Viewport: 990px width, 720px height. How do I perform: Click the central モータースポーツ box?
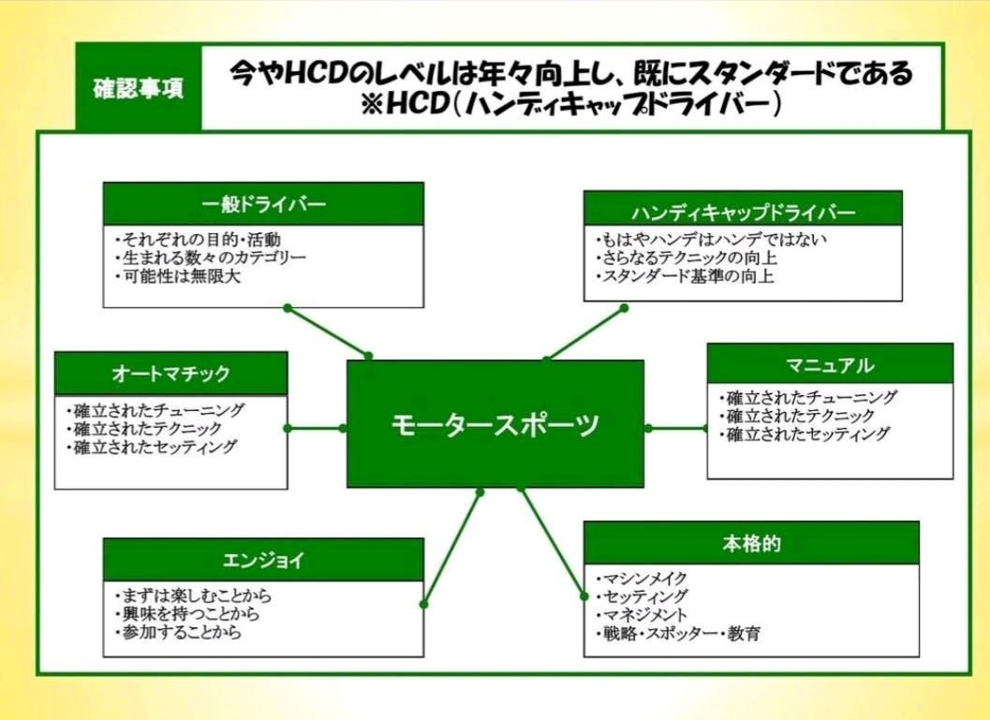[x=495, y=423]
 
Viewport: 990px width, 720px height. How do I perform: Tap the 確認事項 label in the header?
[x=139, y=90]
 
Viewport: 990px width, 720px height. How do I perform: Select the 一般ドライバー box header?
[x=263, y=203]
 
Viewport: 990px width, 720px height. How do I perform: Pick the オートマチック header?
[x=171, y=374]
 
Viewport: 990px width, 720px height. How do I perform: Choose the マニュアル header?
[x=830, y=364]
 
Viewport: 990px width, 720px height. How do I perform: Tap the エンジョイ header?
[x=263, y=560]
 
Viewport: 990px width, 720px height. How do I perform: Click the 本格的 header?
[x=751, y=543]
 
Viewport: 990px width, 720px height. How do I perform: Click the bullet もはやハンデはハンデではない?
[x=711, y=239]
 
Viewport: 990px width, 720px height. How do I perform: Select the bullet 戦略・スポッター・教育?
[x=677, y=634]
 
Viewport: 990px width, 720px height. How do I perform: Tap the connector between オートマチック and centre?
[x=317, y=428]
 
